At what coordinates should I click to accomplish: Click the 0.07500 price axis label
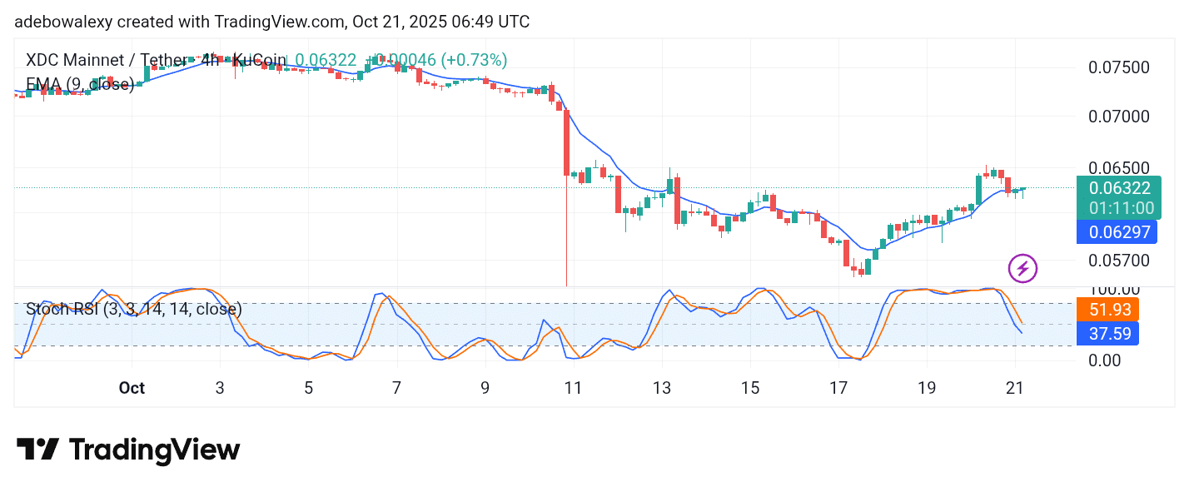1119,67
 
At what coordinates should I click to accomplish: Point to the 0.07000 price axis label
1119,117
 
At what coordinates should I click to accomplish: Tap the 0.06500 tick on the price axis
1119,167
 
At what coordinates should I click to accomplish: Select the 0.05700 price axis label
1119,260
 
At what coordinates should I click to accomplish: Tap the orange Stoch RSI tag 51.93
1107,310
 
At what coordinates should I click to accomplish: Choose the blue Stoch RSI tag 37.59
1107,334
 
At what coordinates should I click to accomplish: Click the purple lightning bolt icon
1022,268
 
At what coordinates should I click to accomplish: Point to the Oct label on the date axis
132,388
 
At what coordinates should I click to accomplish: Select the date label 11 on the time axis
572,388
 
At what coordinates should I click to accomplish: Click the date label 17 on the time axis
838,388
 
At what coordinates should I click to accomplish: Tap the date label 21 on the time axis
1014,388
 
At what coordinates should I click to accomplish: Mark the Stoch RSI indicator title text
134,309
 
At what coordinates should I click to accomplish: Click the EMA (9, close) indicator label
80,84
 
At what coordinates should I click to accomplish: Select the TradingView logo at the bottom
128,450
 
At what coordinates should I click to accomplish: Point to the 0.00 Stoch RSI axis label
1104,360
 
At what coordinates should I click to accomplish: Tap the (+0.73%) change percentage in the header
474,60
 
